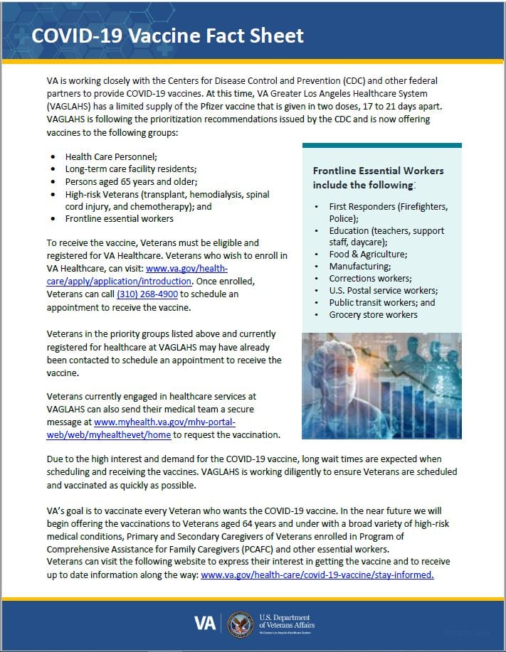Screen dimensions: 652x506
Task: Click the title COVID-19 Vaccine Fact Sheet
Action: pos(168,36)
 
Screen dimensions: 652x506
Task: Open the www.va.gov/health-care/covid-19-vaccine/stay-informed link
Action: pos(317,574)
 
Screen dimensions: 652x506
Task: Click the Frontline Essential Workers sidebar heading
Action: pos(378,178)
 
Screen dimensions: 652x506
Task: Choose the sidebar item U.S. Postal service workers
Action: pos(383,290)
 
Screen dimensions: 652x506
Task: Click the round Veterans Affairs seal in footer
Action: pos(240,624)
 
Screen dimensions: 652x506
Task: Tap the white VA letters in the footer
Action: pos(206,624)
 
